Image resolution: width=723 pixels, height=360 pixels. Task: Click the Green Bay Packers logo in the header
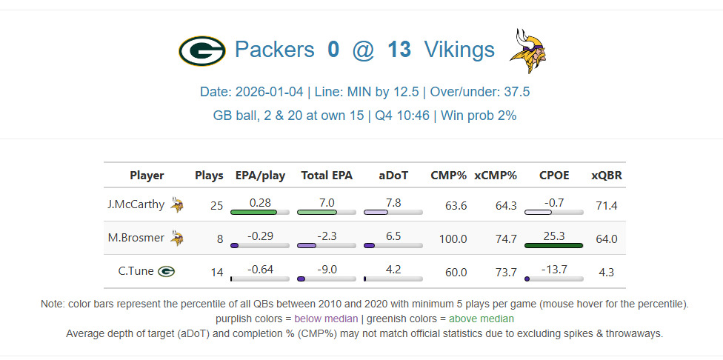coord(201,51)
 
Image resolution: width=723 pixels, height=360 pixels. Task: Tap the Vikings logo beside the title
coord(529,50)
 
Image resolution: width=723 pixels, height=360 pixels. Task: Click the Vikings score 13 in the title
coord(399,50)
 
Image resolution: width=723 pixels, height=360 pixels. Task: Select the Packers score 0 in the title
coord(333,50)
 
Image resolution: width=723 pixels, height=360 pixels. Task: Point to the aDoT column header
coord(393,176)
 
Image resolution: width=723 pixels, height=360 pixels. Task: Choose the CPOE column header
coord(554,176)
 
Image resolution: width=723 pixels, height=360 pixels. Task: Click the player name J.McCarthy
coord(136,204)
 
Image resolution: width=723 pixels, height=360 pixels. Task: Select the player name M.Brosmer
coord(136,238)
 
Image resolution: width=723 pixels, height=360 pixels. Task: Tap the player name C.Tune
coord(136,271)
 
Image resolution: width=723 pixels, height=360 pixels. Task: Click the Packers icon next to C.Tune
coord(166,271)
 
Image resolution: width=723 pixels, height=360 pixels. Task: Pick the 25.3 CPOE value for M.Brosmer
coord(553,236)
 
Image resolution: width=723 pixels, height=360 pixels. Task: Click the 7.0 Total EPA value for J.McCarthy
coord(327,202)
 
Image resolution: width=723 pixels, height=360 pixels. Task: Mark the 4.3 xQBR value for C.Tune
coord(606,272)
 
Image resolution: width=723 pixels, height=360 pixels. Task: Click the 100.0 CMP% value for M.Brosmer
coord(453,239)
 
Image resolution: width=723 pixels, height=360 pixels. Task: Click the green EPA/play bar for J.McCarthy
coord(253,213)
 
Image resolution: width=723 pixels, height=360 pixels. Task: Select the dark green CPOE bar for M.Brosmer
coord(553,245)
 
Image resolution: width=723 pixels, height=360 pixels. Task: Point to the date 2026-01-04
coord(269,93)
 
